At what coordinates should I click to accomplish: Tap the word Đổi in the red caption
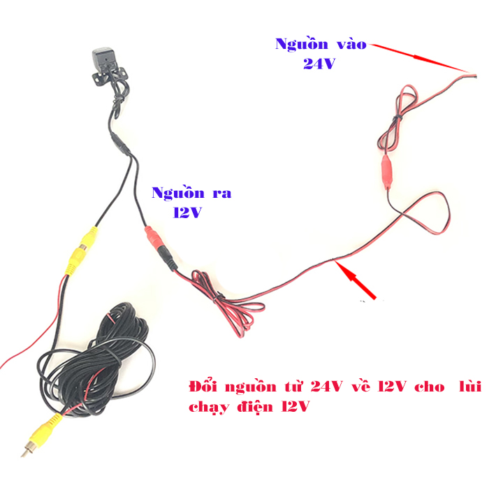point(205,387)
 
